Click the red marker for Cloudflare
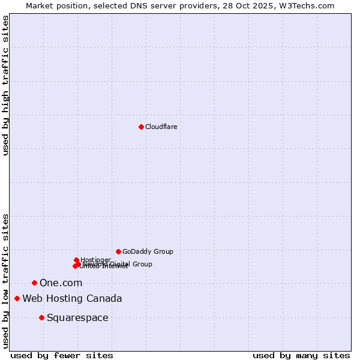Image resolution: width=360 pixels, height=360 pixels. [141, 127]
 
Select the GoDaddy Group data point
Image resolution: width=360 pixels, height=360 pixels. [118, 251]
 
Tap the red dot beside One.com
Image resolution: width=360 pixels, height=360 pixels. [34, 283]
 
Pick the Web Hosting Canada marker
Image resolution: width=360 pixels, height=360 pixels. [17, 298]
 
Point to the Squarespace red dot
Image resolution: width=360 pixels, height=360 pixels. [41, 317]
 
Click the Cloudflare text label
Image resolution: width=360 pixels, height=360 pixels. [161, 127]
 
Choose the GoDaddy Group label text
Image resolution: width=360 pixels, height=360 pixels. [148, 251]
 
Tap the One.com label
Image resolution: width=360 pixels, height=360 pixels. [61, 283]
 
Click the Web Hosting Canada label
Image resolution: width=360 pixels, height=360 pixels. [72, 298]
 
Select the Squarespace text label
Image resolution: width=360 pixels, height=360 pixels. [77, 317]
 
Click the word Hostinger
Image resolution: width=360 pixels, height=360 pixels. [95, 260]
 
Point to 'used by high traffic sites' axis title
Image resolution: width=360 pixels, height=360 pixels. [5, 85]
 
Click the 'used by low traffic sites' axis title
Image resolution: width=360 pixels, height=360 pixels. [5, 281]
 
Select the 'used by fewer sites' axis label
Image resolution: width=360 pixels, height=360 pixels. [62, 355]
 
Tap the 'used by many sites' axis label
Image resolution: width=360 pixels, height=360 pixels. [301, 355]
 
